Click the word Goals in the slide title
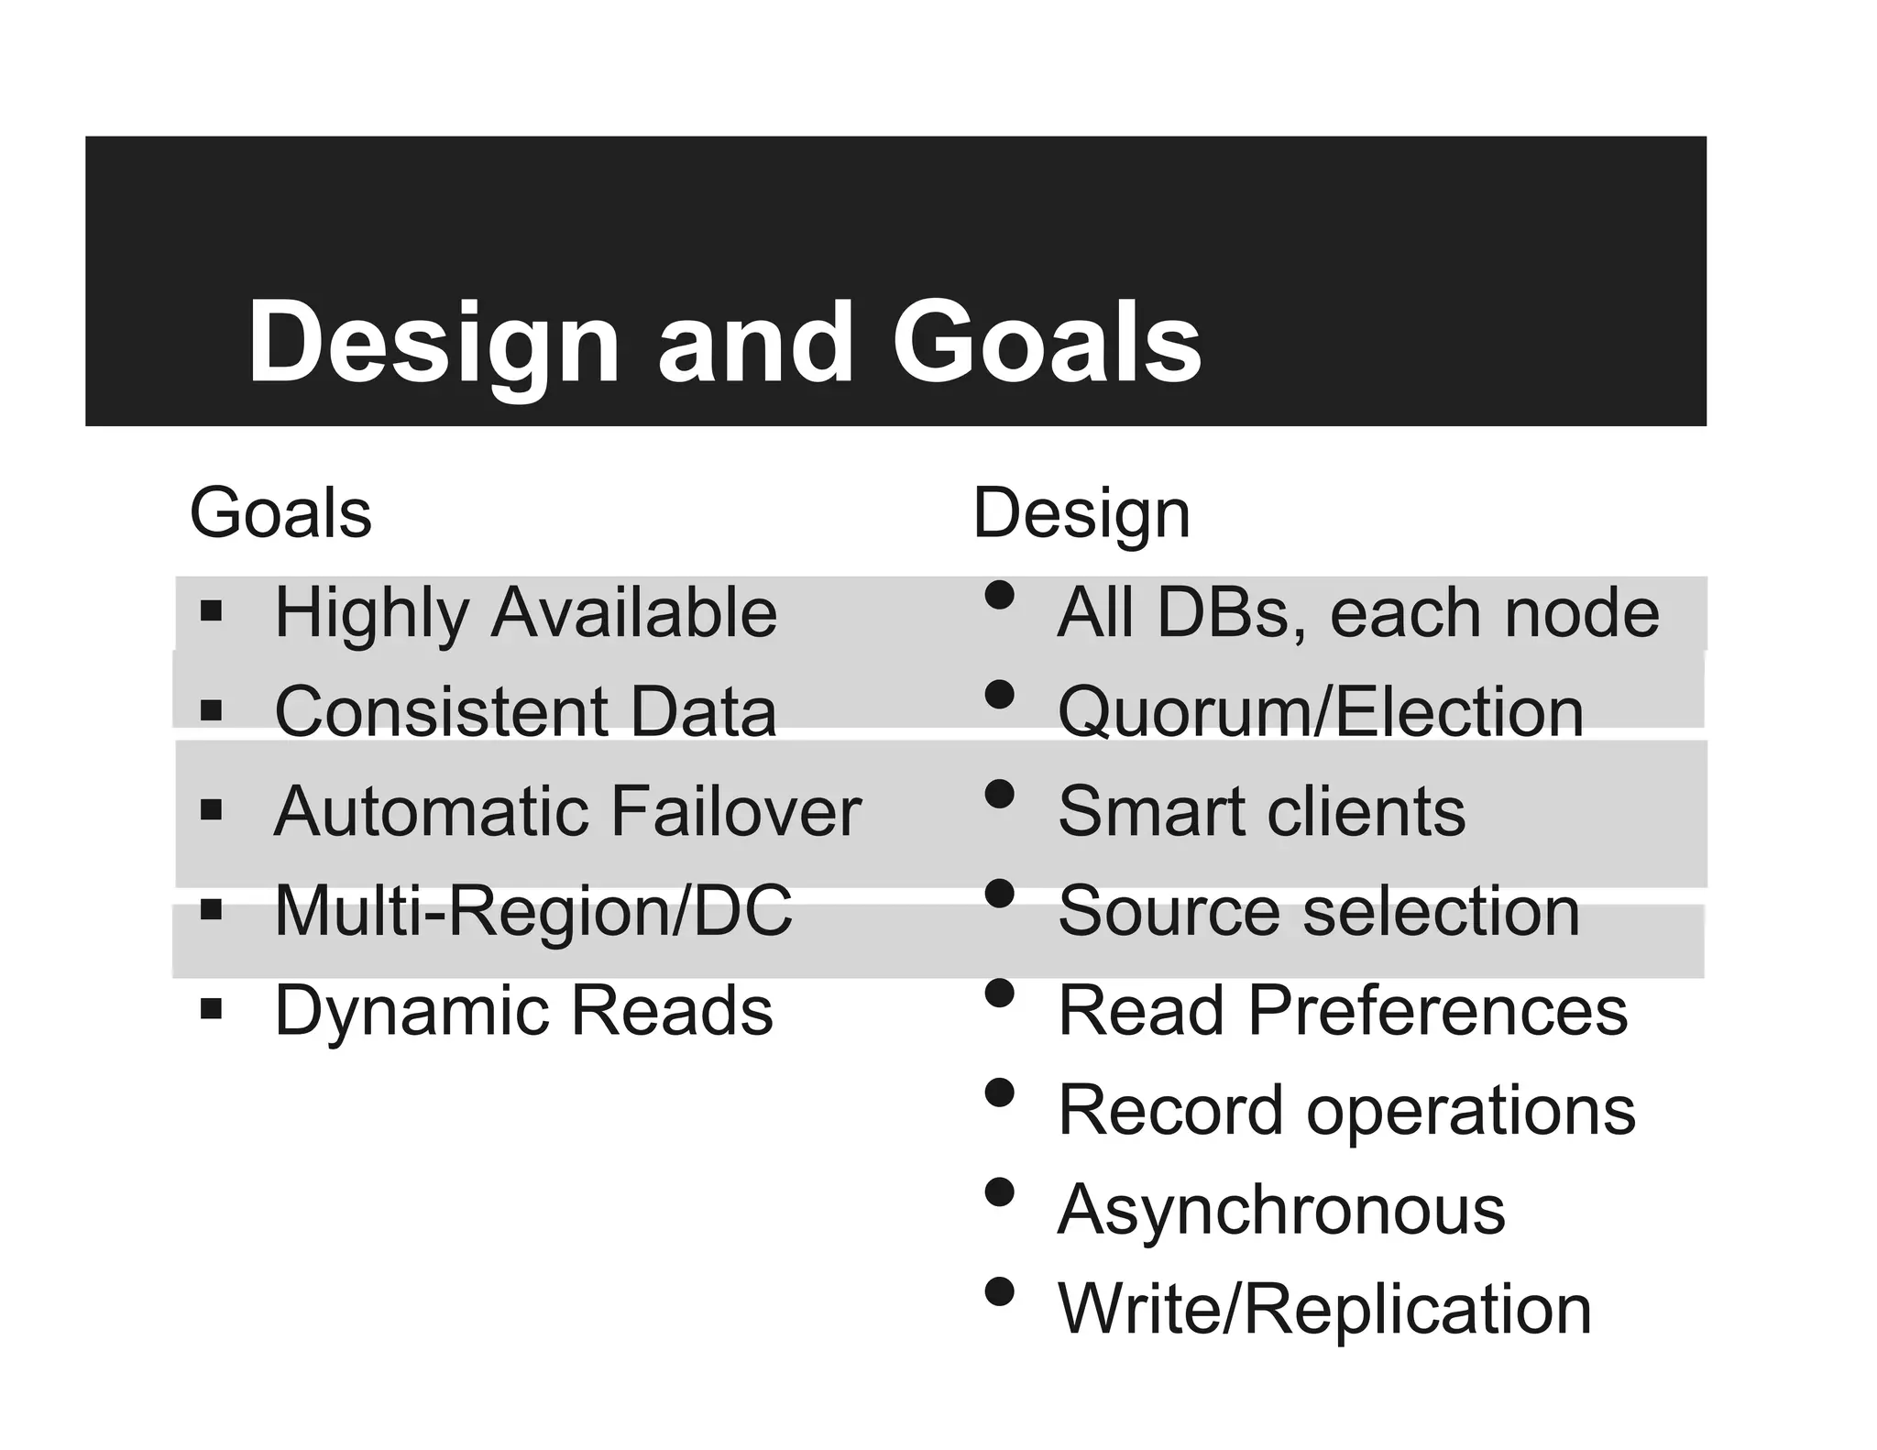click(1047, 343)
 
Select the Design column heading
click(1081, 514)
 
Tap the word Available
click(634, 612)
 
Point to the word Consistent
click(441, 711)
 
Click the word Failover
click(735, 811)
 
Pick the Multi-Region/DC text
click(533, 911)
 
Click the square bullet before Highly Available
click(211, 610)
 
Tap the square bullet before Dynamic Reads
click(211, 1009)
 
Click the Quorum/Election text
click(1321, 711)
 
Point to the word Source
click(1168, 911)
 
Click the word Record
click(1169, 1110)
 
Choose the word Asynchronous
click(1281, 1210)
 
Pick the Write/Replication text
click(1324, 1309)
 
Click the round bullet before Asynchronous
click(999, 1192)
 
